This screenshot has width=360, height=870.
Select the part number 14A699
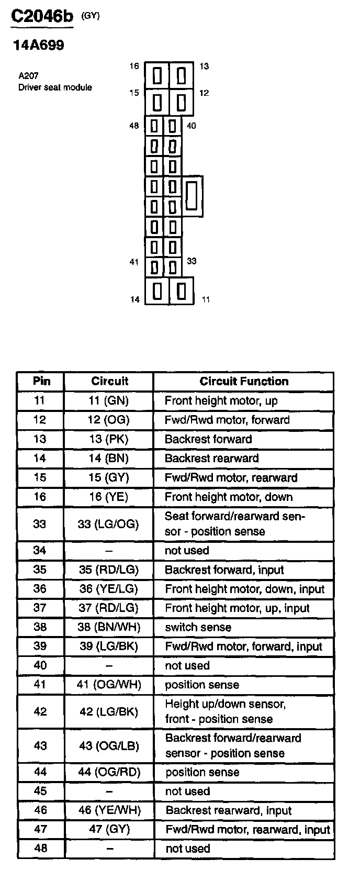point(39,46)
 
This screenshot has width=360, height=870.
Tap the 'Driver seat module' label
point(55,87)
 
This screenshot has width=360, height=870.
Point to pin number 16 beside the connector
point(134,66)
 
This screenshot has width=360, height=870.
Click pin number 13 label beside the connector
point(204,66)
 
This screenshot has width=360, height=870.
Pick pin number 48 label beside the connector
point(134,126)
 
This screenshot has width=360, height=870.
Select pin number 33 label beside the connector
point(192,261)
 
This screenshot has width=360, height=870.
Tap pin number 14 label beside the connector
point(135,299)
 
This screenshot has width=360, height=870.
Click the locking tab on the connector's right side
point(193,196)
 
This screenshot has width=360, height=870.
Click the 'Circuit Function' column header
point(244,381)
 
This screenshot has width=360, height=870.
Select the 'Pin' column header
point(41,381)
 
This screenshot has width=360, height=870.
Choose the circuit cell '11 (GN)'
point(109,401)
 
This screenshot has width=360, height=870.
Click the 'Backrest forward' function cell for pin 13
point(208,439)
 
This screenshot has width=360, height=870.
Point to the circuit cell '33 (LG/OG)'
point(108,524)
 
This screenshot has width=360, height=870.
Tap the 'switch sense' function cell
point(198,627)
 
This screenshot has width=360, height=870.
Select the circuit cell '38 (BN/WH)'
point(109,627)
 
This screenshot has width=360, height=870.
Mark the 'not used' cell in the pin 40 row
point(187,665)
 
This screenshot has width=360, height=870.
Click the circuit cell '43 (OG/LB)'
point(109,745)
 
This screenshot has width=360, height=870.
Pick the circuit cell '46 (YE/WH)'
point(109,810)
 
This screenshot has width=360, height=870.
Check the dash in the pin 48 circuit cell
point(109,849)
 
